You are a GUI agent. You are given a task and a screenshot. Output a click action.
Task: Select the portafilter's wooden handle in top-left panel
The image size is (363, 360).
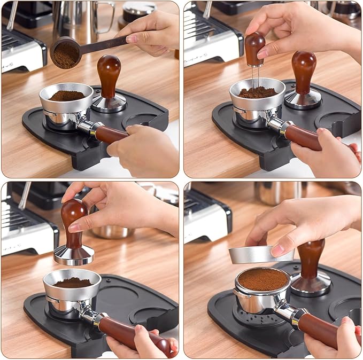111,134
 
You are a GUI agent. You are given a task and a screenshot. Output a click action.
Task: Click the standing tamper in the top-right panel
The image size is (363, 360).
303,80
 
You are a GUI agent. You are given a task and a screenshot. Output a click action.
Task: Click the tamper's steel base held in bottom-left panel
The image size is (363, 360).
74,255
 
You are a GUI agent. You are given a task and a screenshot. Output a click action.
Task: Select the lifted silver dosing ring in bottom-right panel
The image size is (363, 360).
254,255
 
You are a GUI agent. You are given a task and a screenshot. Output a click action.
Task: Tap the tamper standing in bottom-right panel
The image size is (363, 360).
311,267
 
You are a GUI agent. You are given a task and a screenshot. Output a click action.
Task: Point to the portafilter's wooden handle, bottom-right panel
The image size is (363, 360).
323,331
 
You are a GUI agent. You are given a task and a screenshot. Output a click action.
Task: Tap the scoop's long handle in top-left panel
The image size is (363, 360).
104,44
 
